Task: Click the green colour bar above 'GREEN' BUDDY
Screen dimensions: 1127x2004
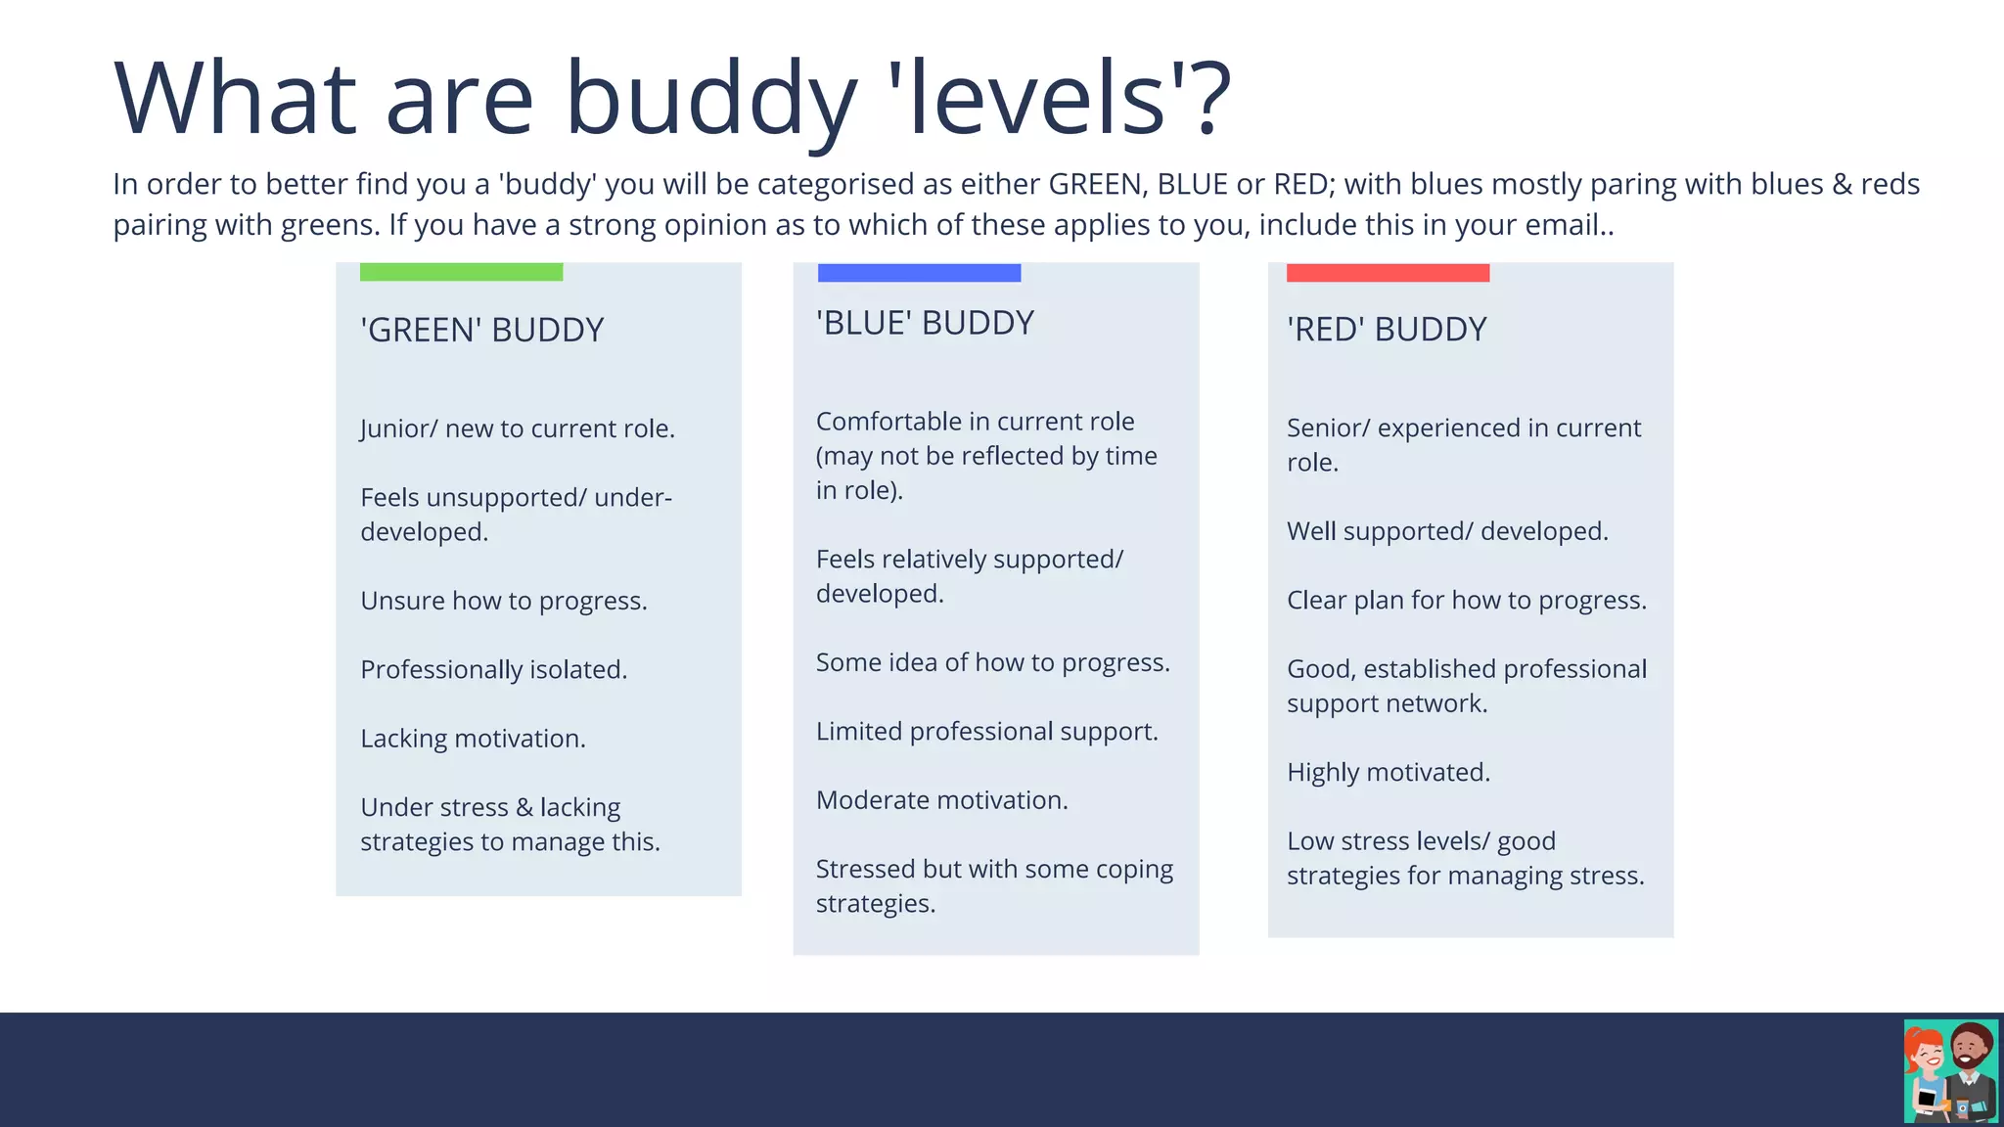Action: [x=461, y=271]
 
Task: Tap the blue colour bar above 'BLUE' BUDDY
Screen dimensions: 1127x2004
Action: [x=919, y=272]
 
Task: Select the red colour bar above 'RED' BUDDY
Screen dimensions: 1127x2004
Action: [x=1388, y=272]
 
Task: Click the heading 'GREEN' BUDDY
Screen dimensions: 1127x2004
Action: [x=481, y=330]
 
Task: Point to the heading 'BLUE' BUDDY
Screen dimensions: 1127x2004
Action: [x=925, y=323]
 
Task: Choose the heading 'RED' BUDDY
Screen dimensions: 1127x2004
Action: [x=1387, y=329]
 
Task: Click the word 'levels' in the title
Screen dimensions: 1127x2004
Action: [x=1038, y=98]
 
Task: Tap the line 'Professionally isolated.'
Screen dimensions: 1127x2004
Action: [x=493, y=669]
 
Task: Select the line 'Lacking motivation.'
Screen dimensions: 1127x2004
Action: [x=473, y=739]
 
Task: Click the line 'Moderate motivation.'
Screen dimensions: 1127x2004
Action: [x=941, y=800]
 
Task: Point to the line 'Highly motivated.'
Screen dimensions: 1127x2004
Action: [x=1388, y=772]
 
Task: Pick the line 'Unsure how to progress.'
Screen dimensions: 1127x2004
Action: [x=503, y=601]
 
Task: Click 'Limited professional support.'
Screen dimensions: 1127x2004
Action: [x=986, y=732]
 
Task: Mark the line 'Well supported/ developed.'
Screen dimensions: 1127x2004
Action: [x=1446, y=531]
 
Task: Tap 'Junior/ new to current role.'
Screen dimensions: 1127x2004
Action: [x=517, y=428]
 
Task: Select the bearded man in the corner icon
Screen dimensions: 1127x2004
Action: [x=1972, y=1066]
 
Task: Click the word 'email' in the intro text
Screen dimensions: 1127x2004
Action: [x=1560, y=225]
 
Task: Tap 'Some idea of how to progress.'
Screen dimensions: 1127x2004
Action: [x=992, y=662]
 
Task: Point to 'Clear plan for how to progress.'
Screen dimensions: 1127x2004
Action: [x=1466, y=600]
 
